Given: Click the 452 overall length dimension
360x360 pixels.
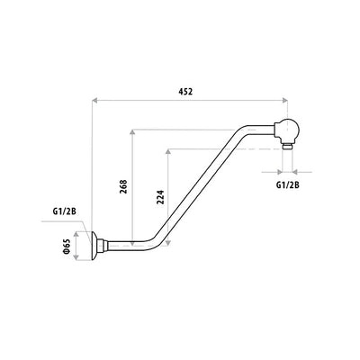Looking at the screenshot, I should (x=186, y=92).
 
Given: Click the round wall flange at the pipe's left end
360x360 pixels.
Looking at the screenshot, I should (x=96, y=244).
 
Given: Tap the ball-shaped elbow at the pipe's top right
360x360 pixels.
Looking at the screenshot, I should (x=285, y=129).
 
